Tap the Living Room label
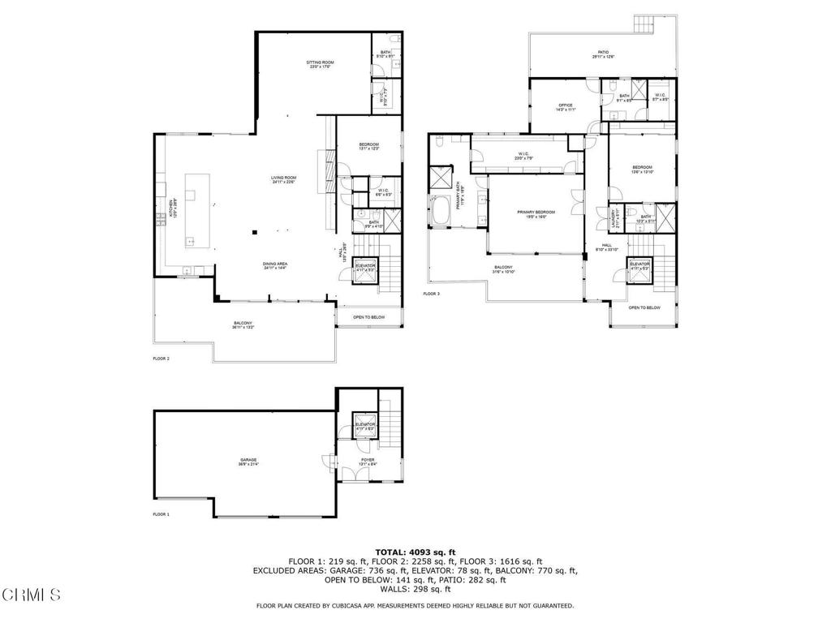tap(283, 180)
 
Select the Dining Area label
tap(275, 265)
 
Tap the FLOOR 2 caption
tap(161, 358)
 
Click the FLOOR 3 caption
tap(431, 294)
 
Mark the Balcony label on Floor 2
tap(243, 324)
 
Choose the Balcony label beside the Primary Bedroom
tap(503, 269)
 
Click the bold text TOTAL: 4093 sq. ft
tap(415, 552)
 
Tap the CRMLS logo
tap(31, 595)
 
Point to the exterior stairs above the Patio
tap(646, 24)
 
